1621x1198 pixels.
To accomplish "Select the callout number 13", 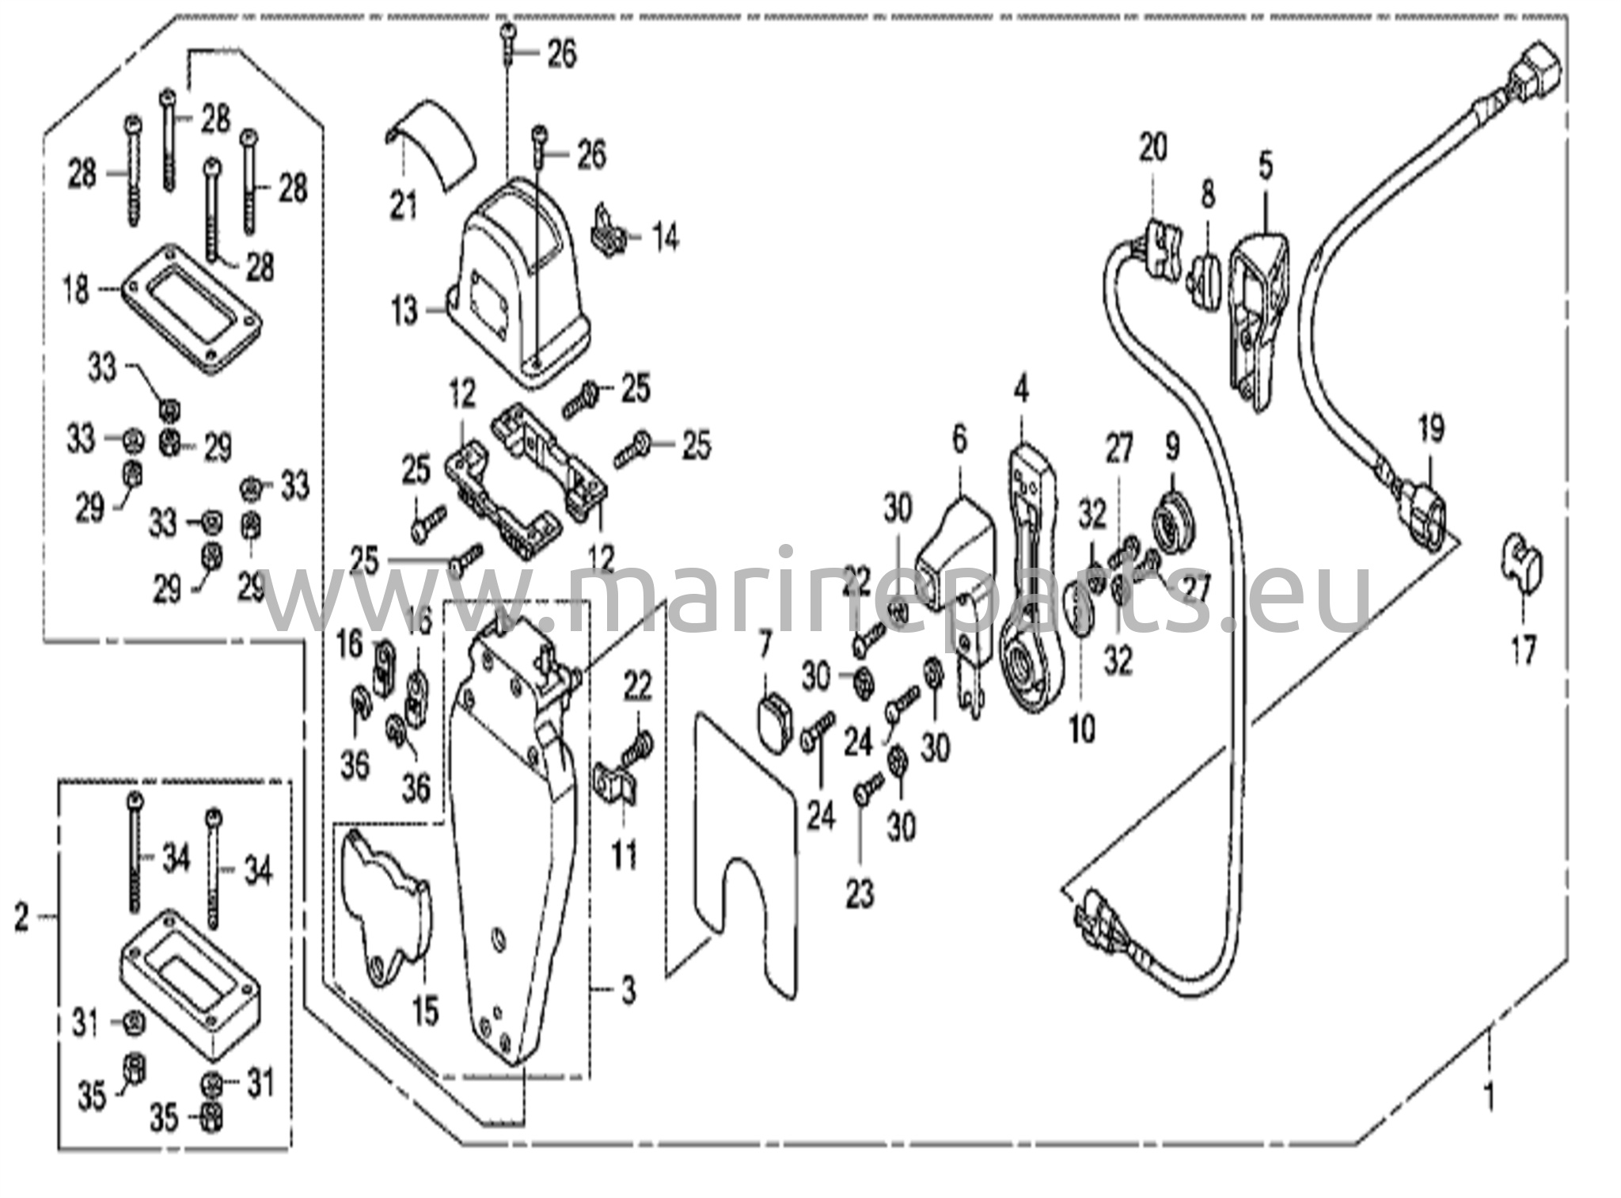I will coord(404,310).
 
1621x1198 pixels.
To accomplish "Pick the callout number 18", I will coord(77,290).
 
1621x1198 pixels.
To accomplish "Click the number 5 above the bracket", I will coord(1265,167).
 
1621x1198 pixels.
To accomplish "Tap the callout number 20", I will coord(1152,147).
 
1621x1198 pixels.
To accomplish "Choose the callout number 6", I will coord(959,439).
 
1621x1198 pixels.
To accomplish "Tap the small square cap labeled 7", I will coord(773,718).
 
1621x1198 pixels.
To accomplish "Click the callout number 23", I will coord(860,894).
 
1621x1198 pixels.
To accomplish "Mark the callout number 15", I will coord(426,1010).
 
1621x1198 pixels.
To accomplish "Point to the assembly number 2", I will coord(22,918).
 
